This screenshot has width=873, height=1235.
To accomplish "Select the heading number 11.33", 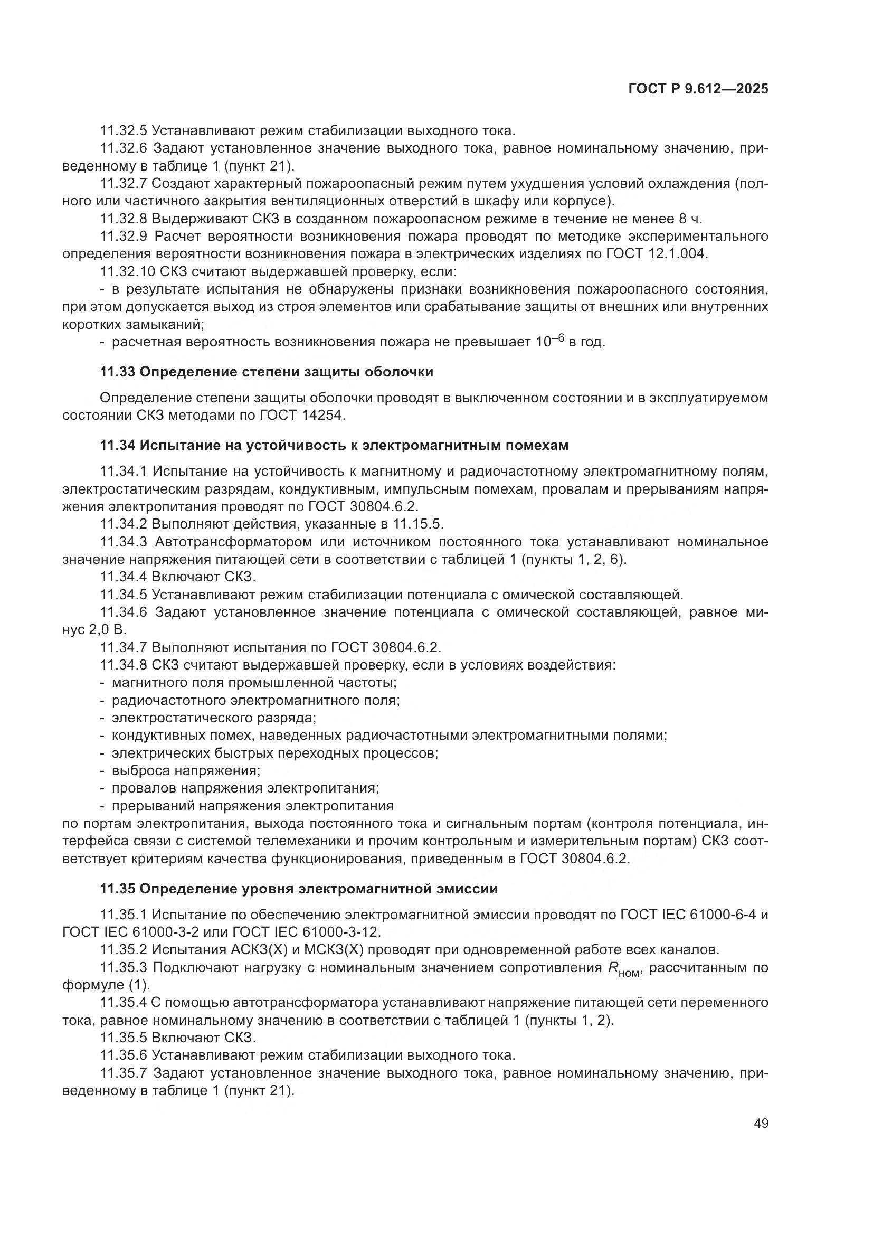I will pos(118,372).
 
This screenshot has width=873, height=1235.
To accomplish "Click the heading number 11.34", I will pos(118,445).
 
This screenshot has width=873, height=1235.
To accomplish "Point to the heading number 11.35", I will pos(118,889).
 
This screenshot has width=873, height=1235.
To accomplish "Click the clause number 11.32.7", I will pos(123,183).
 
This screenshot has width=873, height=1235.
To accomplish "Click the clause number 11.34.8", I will pos(123,665).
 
